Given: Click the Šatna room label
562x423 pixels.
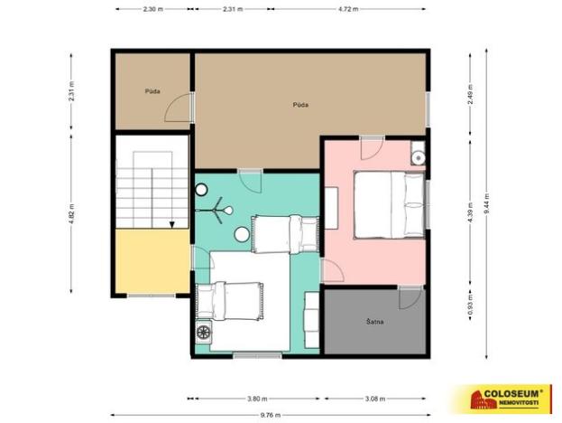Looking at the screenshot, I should click(x=376, y=321).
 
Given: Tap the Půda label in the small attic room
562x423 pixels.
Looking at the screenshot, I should click(x=152, y=92).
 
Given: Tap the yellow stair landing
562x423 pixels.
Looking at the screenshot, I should click(x=152, y=262).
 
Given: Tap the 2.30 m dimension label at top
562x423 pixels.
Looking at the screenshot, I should click(x=152, y=9).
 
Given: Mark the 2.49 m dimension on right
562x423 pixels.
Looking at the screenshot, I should click(x=469, y=94).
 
